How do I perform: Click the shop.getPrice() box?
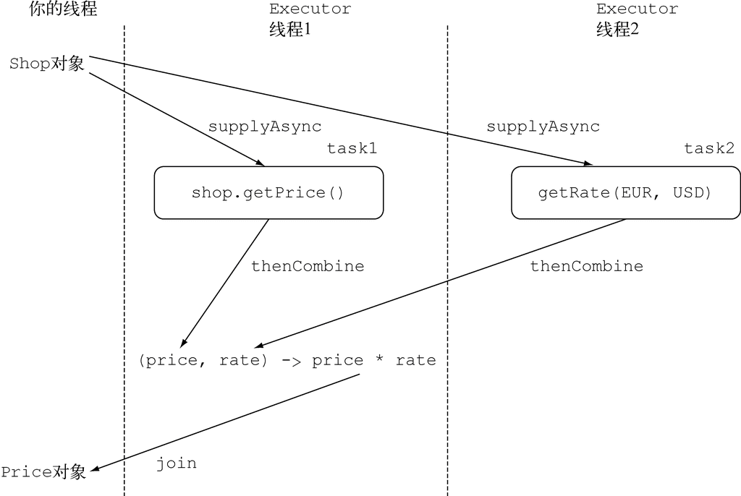[268, 192]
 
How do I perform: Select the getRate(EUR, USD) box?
[625, 192]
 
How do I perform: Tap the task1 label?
[352, 148]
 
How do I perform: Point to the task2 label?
[709, 148]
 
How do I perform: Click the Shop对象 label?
[47, 64]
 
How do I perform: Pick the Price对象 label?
[43, 472]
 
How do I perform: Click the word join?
[177, 463]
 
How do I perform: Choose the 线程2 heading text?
[617, 30]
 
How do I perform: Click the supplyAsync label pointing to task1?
[265, 127]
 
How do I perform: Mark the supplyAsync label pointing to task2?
[543, 127]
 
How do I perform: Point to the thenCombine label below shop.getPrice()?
[308, 266]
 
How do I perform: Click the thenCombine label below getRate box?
[586, 266]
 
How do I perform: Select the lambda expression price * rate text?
[287, 360]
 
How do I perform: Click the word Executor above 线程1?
[310, 9]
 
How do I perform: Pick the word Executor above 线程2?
[637, 9]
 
